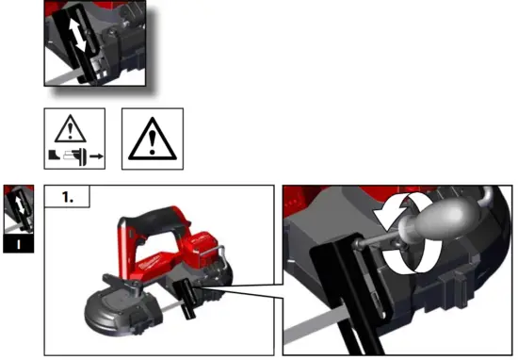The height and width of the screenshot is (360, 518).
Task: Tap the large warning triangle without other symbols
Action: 152,139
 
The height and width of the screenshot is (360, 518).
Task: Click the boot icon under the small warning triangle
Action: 58,151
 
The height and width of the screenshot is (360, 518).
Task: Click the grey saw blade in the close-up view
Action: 311,326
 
